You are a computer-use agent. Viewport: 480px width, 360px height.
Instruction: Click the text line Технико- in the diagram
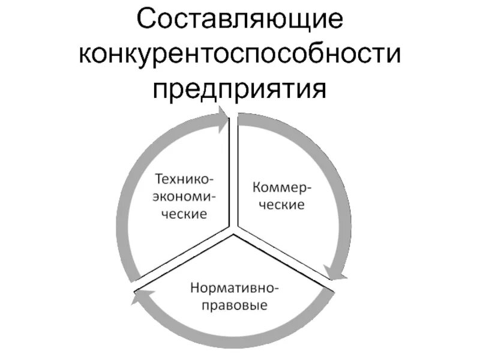click(184, 179)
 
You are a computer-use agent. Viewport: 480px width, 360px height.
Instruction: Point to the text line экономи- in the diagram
click(184, 196)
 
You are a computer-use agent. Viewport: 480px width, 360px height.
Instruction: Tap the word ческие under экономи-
click(184, 212)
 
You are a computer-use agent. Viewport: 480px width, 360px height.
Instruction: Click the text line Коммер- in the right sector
click(281, 187)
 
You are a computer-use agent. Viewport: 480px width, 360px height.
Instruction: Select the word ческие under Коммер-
click(279, 204)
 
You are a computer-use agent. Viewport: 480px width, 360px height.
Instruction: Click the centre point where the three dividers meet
click(233, 230)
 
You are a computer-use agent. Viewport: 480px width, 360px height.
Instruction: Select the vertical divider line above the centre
click(233, 174)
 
